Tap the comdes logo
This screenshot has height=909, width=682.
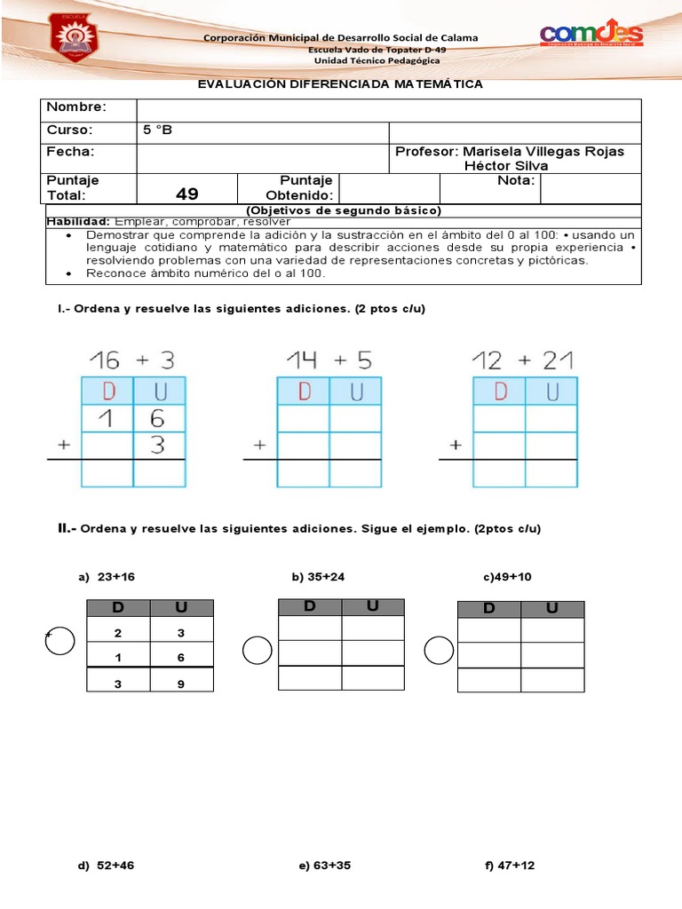point(591,35)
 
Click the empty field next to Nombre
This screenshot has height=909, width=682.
point(388,109)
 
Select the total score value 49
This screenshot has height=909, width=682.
point(187,194)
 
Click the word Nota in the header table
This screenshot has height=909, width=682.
point(517,180)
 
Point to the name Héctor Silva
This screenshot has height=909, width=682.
point(506,166)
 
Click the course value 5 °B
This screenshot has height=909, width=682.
point(157,130)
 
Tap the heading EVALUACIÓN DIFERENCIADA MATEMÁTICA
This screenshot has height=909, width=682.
point(340,84)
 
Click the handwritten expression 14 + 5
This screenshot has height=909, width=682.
point(329,360)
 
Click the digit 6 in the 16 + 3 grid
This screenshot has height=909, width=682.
point(158,418)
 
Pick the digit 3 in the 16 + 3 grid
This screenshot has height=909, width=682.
point(158,446)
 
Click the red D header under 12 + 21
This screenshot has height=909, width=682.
point(499,391)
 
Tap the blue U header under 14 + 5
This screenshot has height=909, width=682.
point(355,391)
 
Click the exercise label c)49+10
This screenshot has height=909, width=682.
point(507,577)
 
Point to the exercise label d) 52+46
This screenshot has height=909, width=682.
point(107,866)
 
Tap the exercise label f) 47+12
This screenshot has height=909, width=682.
point(510,866)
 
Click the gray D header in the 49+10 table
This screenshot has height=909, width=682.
point(488,609)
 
